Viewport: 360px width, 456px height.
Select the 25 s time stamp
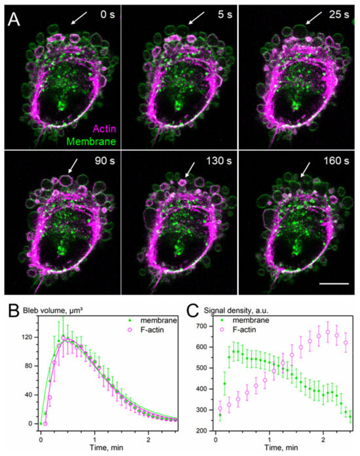pos(336,14)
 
